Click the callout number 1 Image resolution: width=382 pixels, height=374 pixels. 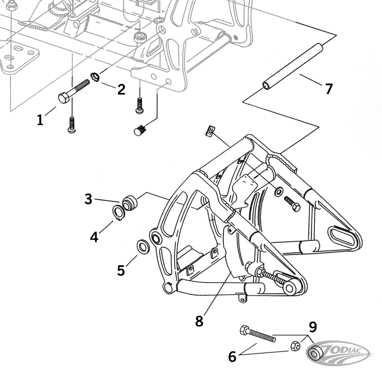(x=40, y=120)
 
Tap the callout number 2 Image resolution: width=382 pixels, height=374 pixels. (x=121, y=90)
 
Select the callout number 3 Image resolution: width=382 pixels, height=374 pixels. (x=88, y=199)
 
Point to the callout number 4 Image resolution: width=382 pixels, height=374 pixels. (x=94, y=236)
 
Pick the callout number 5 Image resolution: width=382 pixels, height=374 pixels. (x=121, y=270)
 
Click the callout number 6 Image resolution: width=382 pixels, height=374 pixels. (x=232, y=356)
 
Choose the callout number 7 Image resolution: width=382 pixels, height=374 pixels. (x=329, y=89)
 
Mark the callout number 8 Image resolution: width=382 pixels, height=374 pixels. (x=199, y=321)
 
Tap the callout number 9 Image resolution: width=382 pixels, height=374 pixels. (x=313, y=326)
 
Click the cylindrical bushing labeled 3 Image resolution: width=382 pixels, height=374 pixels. (x=130, y=204)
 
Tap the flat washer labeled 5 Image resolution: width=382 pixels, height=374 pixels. (x=143, y=247)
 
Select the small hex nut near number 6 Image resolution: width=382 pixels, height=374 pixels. (x=295, y=345)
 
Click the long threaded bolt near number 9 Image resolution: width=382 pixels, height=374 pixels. (x=258, y=335)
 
